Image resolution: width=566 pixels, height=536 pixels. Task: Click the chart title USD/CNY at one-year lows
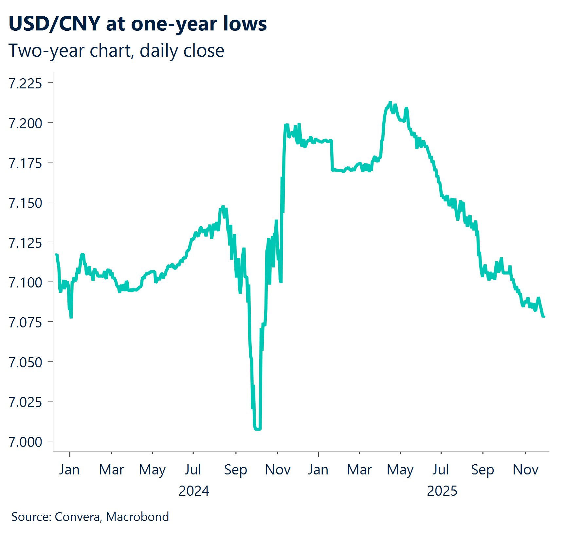[x=137, y=24]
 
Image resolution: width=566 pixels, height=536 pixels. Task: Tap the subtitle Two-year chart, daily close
[x=116, y=51]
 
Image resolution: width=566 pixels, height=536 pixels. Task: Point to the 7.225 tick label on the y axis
[x=25, y=84]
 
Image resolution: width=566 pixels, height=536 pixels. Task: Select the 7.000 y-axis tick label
[x=25, y=442]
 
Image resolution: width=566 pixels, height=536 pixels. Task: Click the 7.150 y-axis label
[x=25, y=203]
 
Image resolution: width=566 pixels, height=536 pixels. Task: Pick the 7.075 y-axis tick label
[x=25, y=323]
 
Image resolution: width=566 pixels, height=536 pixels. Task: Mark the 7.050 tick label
[x=25, y=363]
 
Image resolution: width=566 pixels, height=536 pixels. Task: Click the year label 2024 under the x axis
[x=194, y=491]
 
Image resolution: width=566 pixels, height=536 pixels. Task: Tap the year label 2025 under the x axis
[x=442, y=491]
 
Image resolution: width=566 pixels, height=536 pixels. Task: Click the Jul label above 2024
[x=193, y=470]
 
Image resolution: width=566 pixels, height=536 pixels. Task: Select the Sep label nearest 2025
[x=482, y=470]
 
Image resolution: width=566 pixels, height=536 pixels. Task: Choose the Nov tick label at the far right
[x=525, y=470]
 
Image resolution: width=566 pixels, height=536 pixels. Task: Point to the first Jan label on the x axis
[x=69, y=470]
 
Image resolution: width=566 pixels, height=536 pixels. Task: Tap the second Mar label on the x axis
[x=359, y=470]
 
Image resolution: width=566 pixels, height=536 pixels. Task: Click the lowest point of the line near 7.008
[x=257, y=429]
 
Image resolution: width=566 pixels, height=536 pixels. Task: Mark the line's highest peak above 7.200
[x=390, y=103]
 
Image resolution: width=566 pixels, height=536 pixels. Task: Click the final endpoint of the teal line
[x=544, y=316]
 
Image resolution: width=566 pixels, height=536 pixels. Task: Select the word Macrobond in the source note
[x=137, y=517]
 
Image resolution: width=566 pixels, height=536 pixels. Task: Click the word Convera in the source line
[x=78, y=517]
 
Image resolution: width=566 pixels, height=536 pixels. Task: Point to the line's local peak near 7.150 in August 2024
[x=223, y=207]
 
